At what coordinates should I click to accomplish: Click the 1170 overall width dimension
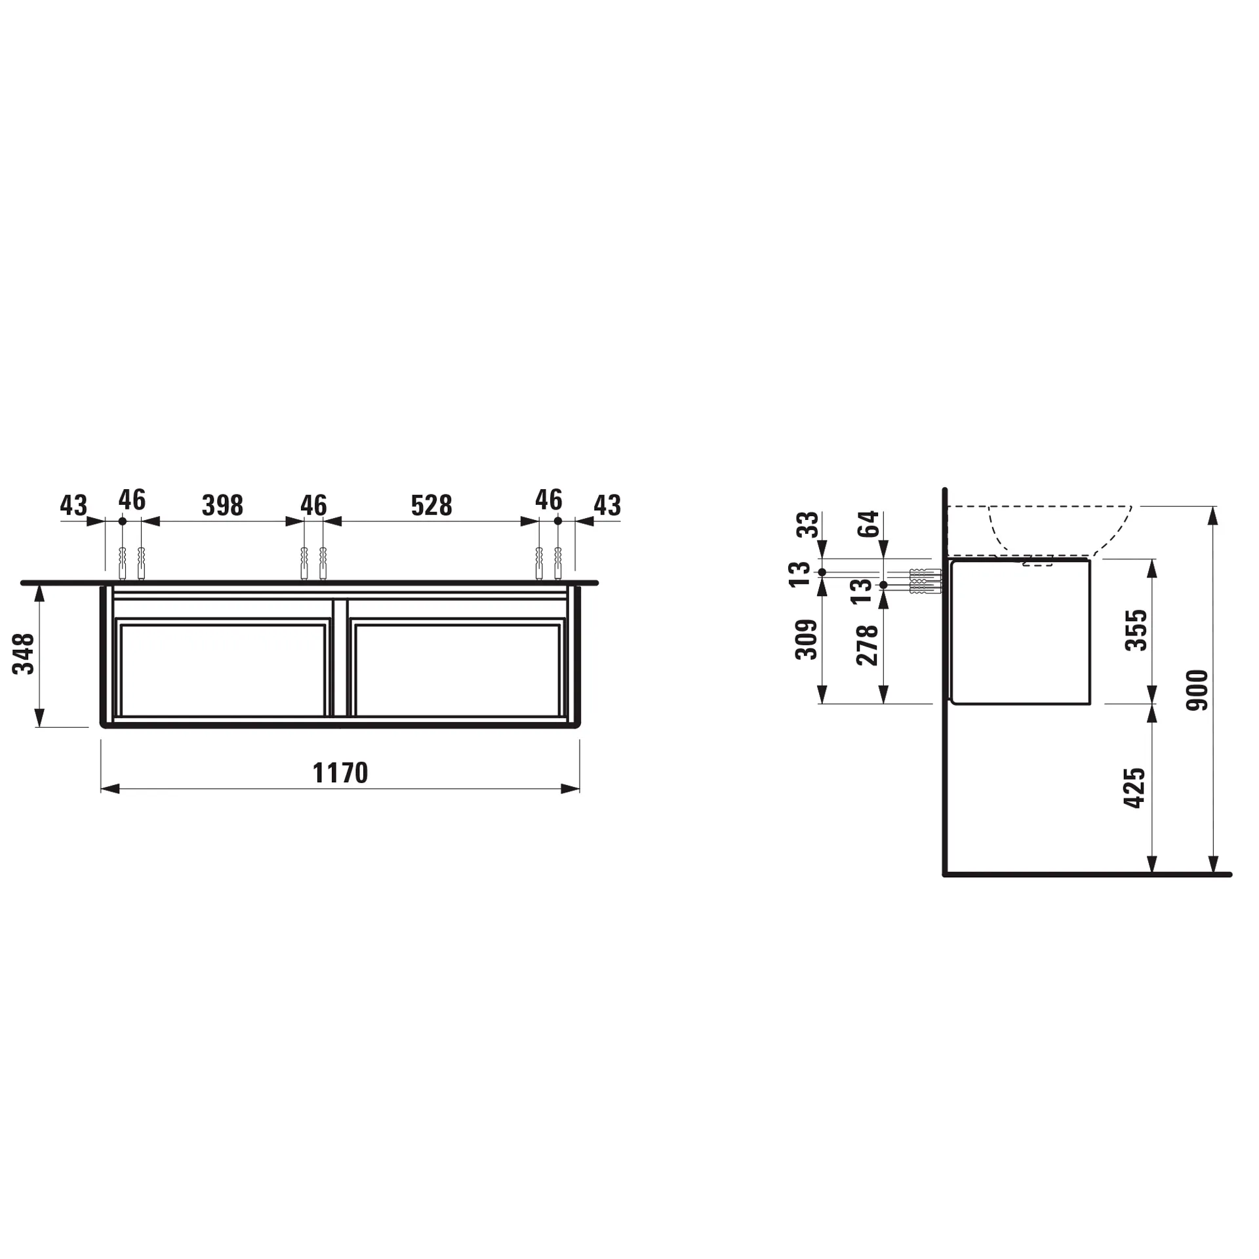coord(340,773)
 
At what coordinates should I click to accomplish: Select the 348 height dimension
coord(24,654)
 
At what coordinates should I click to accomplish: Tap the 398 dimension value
coord(222,506)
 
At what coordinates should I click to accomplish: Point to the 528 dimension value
coord(431,506)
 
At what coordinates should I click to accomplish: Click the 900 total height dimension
coord(1197,690)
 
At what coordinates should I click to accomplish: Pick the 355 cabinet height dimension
coord(1136,630)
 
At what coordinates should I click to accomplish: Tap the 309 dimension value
coord(807,639)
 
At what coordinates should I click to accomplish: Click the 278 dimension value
coord(868,645)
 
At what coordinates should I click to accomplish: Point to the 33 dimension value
coord(808,525)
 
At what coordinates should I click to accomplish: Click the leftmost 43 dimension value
coord(73,506)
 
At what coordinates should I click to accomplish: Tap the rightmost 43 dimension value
coord(607,506)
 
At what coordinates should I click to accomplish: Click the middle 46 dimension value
coord(313,506)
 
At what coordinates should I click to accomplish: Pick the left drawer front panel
coord(223,669)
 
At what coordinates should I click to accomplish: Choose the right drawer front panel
coord(457,669)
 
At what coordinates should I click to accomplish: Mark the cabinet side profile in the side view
coord(1020,631)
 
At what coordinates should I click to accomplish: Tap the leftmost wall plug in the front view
coord(122,563)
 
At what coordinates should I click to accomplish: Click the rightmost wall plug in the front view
coord(558,563)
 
